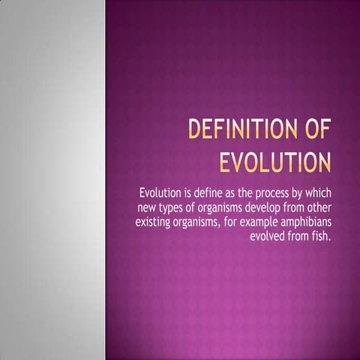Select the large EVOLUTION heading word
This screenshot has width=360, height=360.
tap(275, 162)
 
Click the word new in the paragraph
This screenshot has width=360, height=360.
tap(147, 206)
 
